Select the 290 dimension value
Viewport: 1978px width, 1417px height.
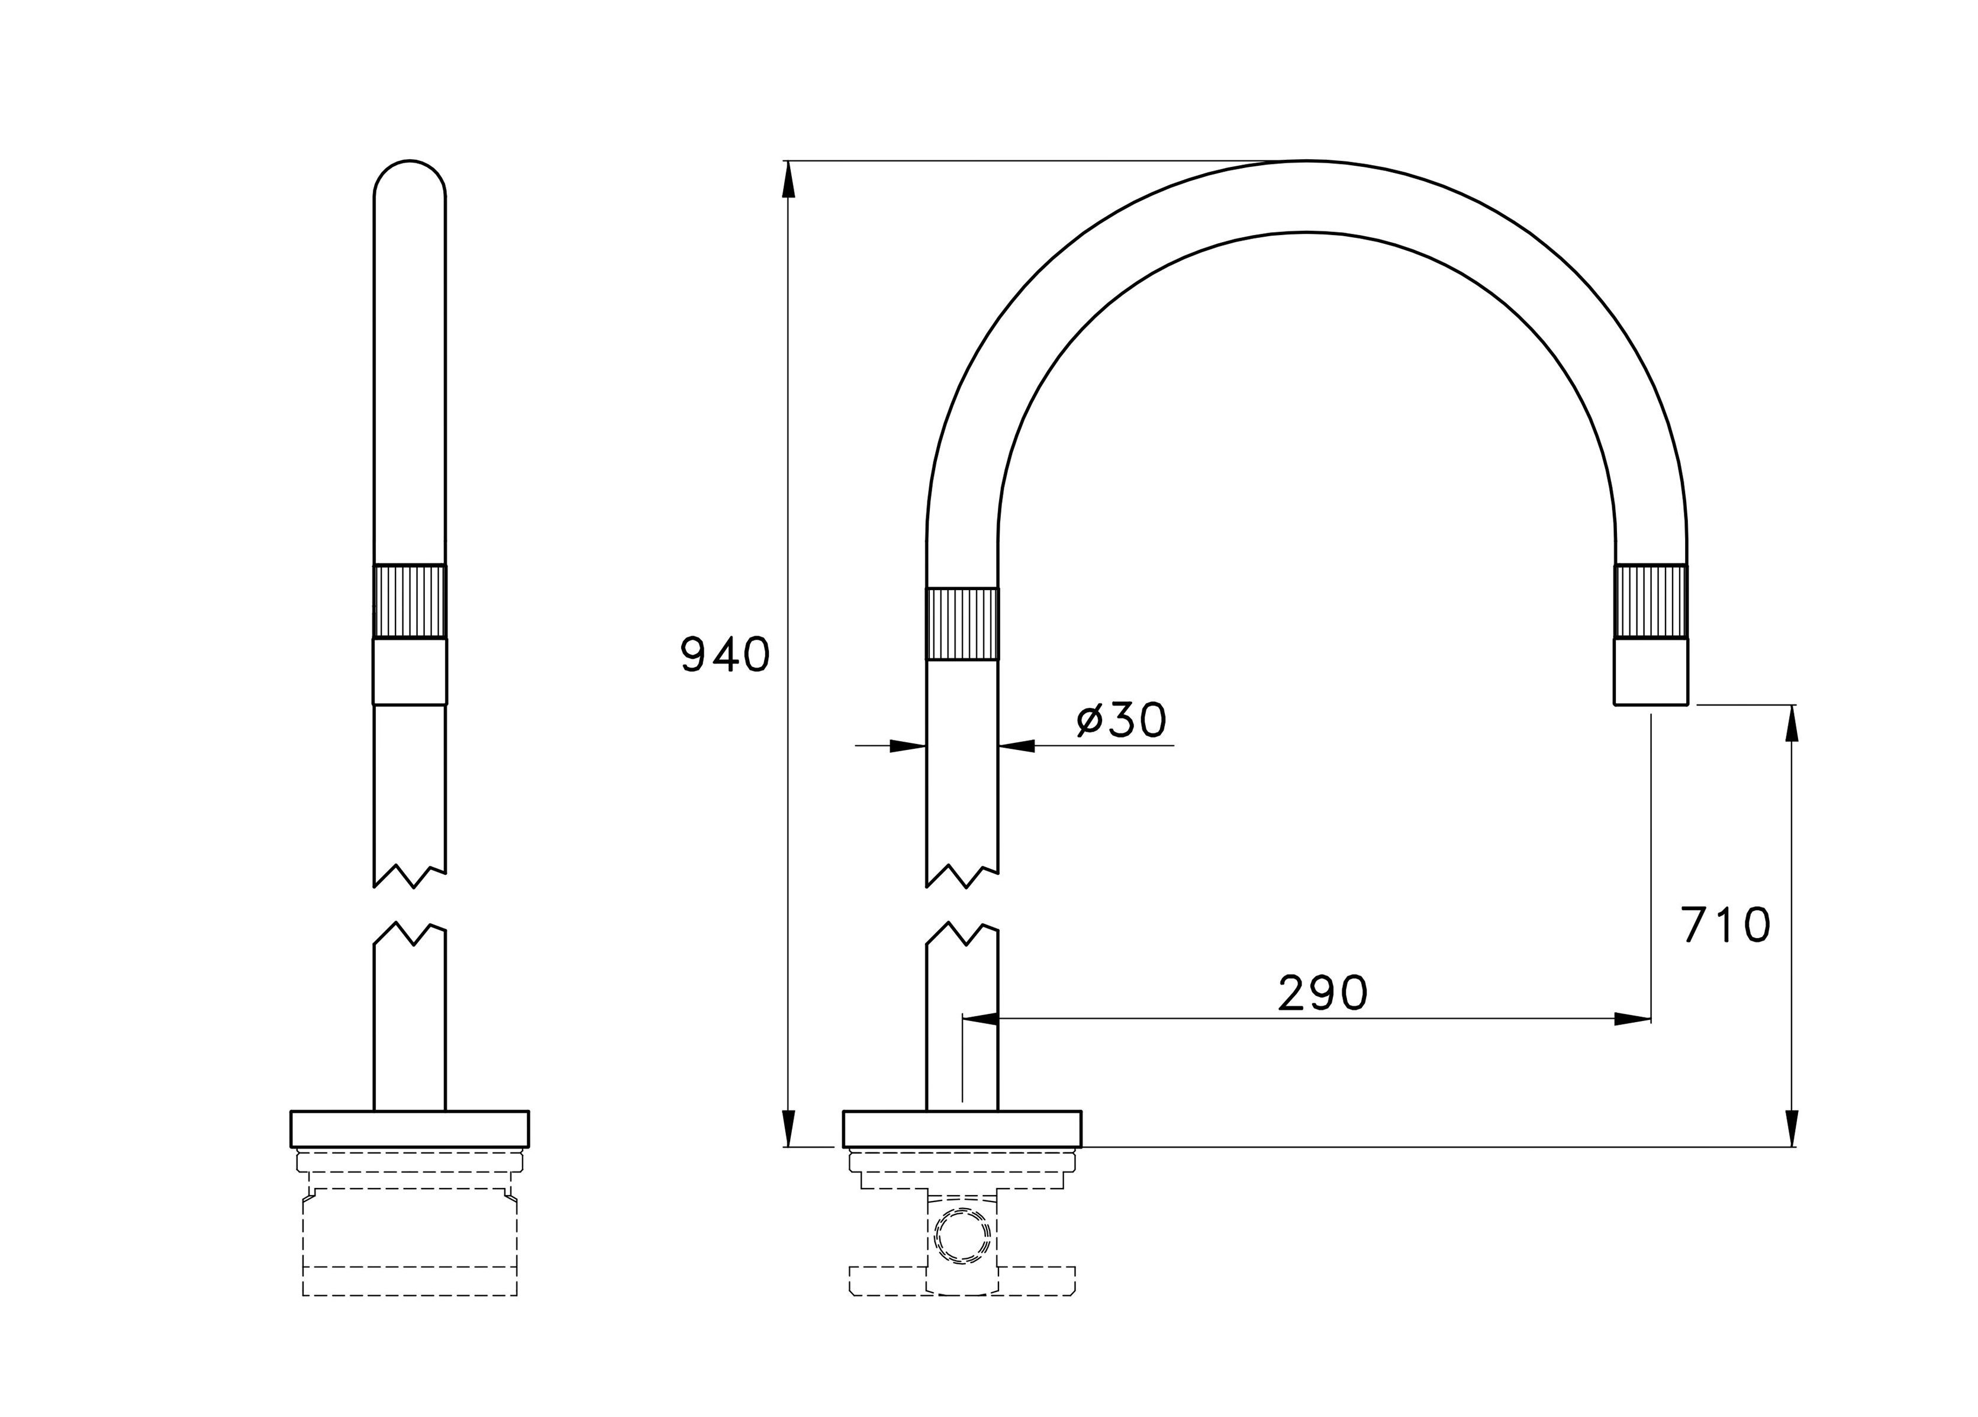tap(1322, 993)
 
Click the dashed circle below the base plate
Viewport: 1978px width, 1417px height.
tap(962, 1236)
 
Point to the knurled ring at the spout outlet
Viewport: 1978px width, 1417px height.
tap(1650, 602)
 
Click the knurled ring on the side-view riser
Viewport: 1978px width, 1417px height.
tap(962, 623)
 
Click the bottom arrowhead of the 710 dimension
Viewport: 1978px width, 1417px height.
tap(1792, 1129)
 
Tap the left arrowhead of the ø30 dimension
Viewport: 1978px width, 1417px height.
tap(907, 746)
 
